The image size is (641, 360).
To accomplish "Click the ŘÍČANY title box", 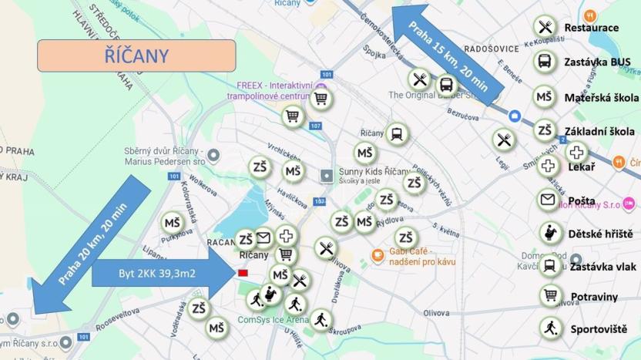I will pyautogui.click(x=136, y=56).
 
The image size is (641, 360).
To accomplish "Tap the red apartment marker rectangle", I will pyautogui.click(x=243, y=273).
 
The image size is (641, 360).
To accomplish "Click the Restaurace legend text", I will pyautogui.click(x=591, y=28).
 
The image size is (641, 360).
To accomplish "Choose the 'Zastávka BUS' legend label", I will pyautogui.click(x=597, y=62).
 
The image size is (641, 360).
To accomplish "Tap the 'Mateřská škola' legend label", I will pyautogui.click(x=601, y=98).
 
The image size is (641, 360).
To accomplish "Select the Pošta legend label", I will pyautogui.click(x=581, y=200).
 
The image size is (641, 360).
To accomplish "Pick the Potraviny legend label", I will pyautogui.click(x=594, y=297).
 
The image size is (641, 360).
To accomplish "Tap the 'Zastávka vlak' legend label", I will pyautogui.click(x=603, y=267).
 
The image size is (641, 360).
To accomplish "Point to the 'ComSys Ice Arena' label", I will pyautogui.click(x=273, y=319).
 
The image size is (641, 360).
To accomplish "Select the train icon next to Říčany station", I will pyautogui.click(x=396, y=134).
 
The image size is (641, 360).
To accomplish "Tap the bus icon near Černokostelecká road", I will pyautogui.click(x=446, y=85).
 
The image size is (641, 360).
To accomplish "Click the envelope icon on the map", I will pyautogui.click(x=263, y=238).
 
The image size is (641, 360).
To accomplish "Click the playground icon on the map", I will pyautogui.click(x=270, y=294).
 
